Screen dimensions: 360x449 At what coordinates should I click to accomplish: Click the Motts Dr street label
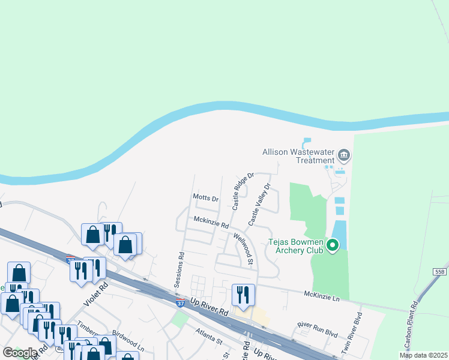coord(205,197)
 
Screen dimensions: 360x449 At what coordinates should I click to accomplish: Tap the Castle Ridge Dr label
coord(244,191)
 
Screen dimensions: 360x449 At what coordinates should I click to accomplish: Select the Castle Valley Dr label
coord(260,205)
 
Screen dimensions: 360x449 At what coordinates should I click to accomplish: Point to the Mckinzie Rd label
coord(211,223)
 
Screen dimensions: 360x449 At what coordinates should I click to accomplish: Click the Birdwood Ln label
coord(127,342)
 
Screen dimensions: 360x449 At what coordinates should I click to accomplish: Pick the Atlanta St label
coord(208,335)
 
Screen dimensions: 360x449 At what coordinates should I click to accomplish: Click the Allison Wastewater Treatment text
coord(298,156)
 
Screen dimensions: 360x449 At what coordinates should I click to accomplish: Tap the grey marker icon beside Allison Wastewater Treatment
coord(344,156)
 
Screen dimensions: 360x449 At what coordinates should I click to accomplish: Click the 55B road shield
coord(439,272)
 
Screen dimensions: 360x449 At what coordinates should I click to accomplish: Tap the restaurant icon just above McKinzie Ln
coord(243,294)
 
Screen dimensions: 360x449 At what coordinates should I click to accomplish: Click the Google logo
coord(20,353)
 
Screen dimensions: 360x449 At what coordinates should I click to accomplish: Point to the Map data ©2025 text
coord(423,355)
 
